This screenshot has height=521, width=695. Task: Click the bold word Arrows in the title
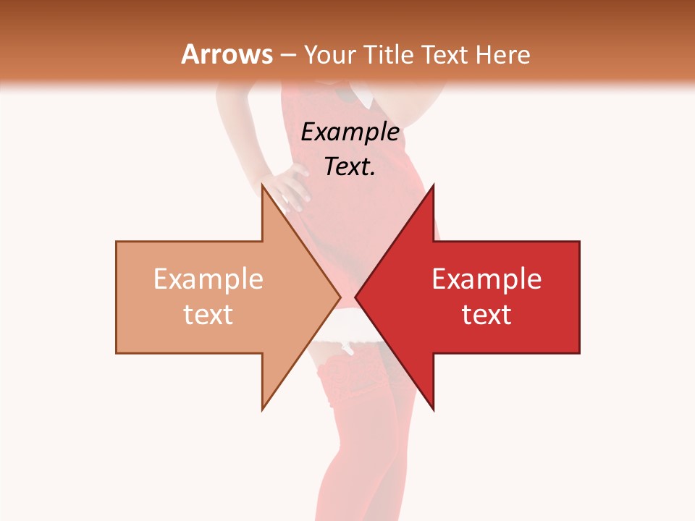pos(227,54)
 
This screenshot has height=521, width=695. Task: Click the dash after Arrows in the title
pos(287,55)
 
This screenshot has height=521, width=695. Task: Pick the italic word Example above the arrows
pos(350,132)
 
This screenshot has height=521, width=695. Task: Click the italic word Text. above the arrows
pos(350,166)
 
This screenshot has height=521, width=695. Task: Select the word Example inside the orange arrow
pos(208,279)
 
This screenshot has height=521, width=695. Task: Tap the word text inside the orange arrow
pos(208,315)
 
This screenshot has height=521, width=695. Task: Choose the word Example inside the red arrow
pos(486,279)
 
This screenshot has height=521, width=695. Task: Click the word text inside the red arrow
pos(486,315)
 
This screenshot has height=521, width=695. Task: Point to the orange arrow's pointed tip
pos(340,297)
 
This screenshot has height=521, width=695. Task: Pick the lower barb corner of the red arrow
pos(433,410)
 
